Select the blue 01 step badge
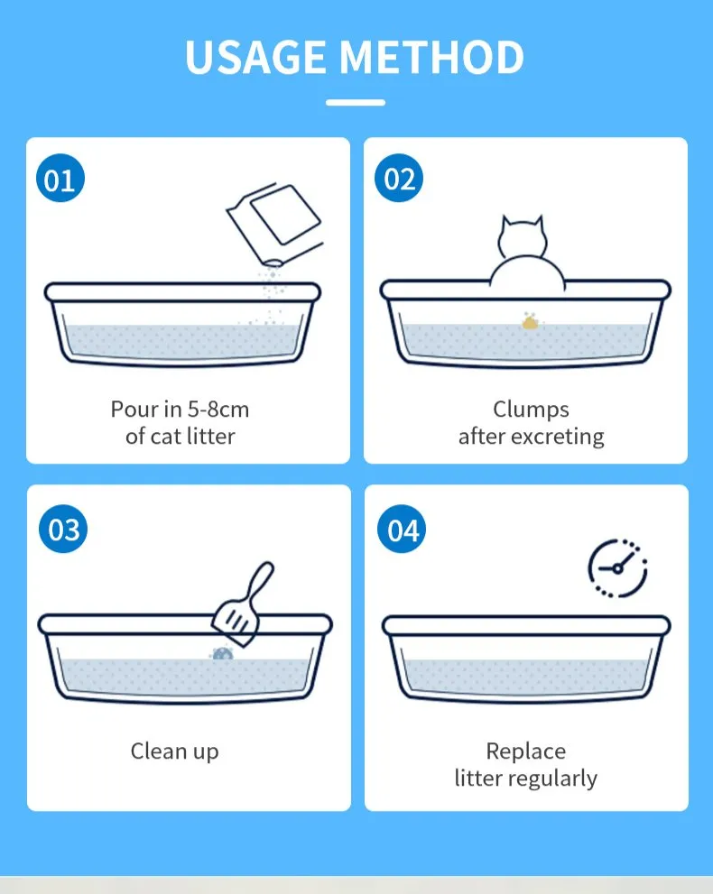click(60, 180)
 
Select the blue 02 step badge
click(399, 180)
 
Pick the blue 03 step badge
click(63, 529)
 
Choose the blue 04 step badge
click(403, 530)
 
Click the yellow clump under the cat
click(530, 320)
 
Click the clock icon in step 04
click(618, 567)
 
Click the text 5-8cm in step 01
click(218, 410)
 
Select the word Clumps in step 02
click(531, 410)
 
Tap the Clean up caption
click(174, 751)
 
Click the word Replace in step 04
click(526, 751)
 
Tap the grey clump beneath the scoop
click(221, 653)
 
